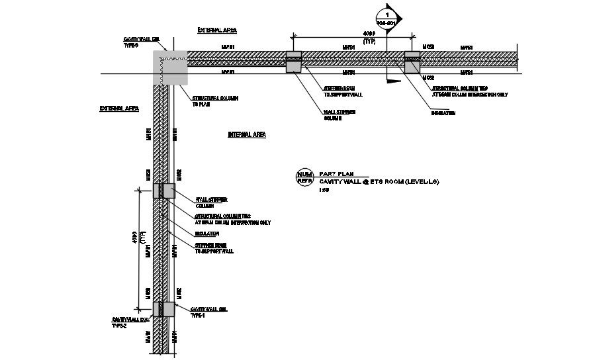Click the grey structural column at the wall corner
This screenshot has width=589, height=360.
pyautogui.click(x=170, y=68)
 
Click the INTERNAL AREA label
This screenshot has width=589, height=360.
pyautogui.click(x=247, y=135)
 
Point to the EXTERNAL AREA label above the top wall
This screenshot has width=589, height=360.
pyautogui.click(x=217, y=30)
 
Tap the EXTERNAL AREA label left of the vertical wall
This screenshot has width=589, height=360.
pyautogui.click(x=119, y=109)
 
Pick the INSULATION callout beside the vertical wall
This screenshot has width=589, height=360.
pyautogui.click(x=206, y=234)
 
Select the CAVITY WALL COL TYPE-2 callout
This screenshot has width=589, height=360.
pyautogui.click(x=127, y=322)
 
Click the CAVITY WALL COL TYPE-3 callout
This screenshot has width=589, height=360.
pyautogui.click(x=140, y=42)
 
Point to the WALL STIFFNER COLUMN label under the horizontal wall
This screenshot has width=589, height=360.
pyautogui.click(x=340, y=114)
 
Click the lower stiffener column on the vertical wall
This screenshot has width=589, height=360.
pyautogui.click(x=163, y=309)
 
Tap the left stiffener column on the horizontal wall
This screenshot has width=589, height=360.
pyautogui.click(x=293, y=62)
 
